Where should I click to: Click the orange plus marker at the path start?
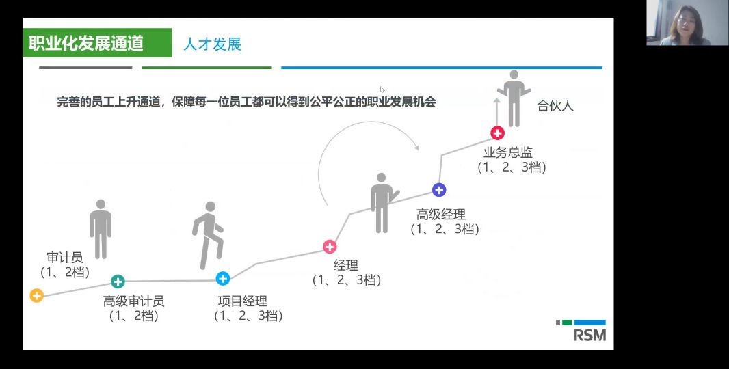(36, 295)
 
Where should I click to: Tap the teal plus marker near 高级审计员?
(118, 281)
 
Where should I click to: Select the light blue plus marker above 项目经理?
(223, 278)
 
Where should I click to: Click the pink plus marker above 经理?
(330, 246)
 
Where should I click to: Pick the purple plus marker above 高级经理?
(439, 189)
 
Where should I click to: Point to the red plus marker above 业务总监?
(497, 133)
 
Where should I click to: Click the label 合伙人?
(555, 105)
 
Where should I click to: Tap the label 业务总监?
(507, 152)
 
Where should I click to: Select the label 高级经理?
(440, 215)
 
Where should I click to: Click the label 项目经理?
(243, 301)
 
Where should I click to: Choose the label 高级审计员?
(133, 301)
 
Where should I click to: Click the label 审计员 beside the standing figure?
(64, 257)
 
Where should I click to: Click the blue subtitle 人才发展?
(213, 44)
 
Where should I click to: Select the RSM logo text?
(589, 335)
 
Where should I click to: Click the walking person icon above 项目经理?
(208, 235)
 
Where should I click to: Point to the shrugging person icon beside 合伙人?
(514, 98)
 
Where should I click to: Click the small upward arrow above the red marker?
(496, 111)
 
